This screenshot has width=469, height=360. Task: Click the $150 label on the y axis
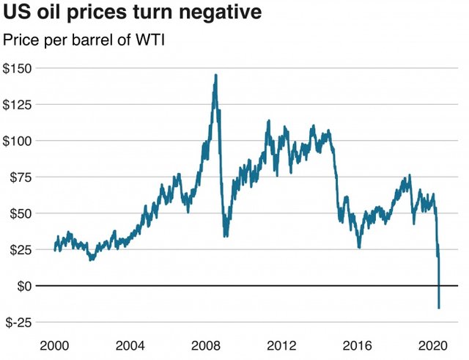(20, 68)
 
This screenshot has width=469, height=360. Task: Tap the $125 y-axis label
(20, 104)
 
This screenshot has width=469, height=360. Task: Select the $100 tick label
(20, 141)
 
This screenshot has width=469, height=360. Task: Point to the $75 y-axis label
(23, 177)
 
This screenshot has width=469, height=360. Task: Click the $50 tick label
(23, 213)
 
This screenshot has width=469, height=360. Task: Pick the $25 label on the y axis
(23, 249)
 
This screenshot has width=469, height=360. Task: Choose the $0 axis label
(26, 286)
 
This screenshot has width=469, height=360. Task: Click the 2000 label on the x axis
(56, 345)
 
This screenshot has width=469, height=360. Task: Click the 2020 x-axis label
(433, 345)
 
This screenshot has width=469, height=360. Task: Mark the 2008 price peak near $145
(215, 75)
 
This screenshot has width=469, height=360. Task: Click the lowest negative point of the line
(439, 308)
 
